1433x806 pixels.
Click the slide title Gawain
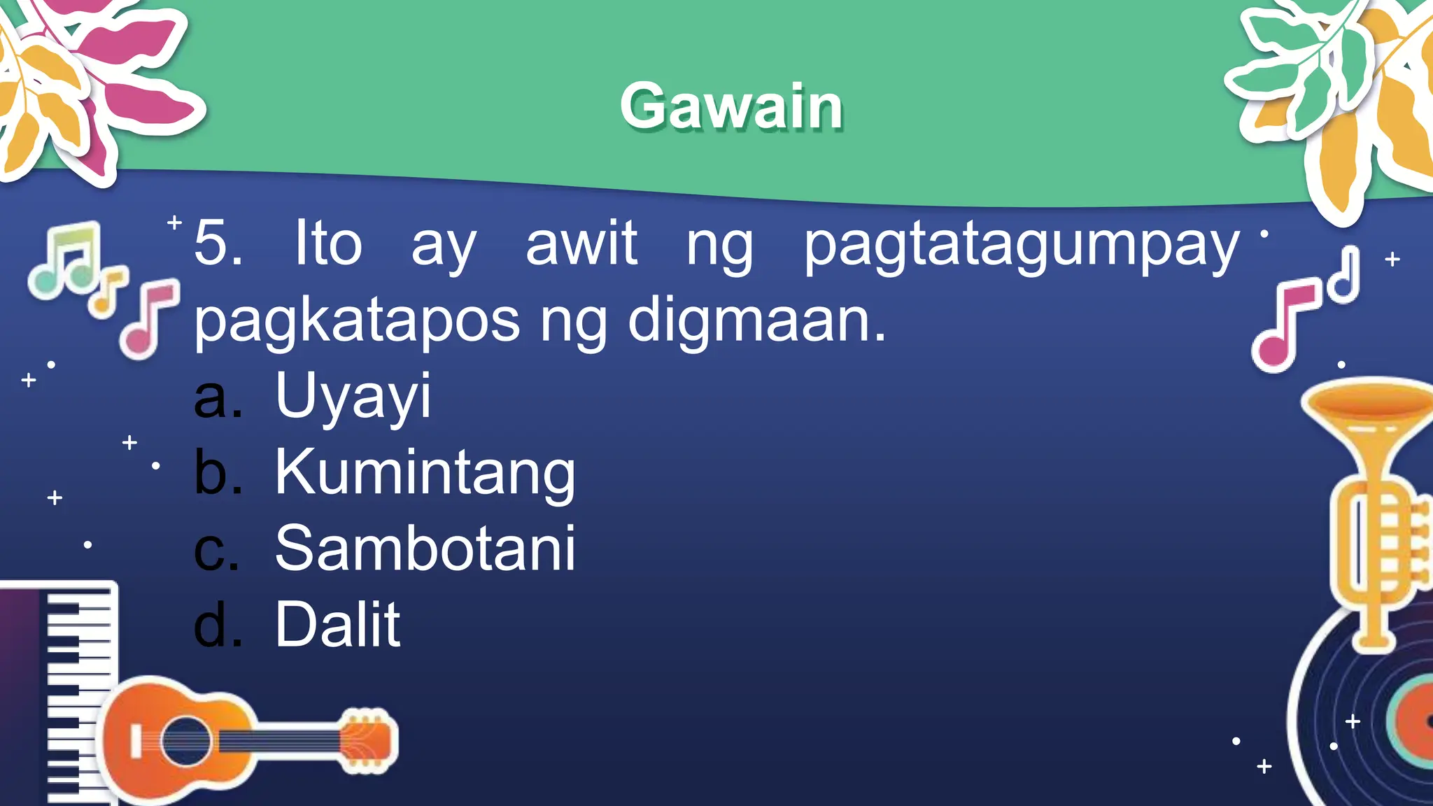click(731, 106)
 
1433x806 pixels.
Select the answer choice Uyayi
click(353, 397)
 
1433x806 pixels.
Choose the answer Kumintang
click(425, 474)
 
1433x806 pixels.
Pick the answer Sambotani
click(425, 549)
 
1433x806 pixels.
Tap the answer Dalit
click(337, 625)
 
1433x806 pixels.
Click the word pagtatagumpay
click(1021, 246)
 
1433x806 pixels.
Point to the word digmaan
click(756, 320)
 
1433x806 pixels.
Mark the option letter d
click(218, 625)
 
